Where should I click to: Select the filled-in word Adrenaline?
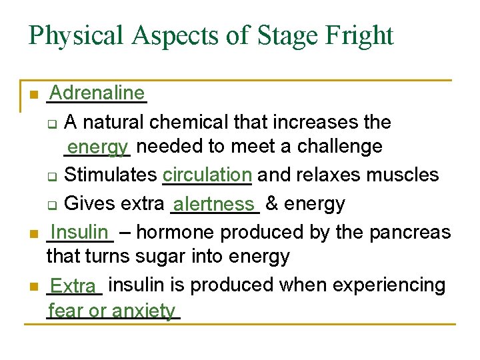97,93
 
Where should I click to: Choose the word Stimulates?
110,175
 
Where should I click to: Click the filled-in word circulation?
207,175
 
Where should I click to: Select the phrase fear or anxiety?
112,311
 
